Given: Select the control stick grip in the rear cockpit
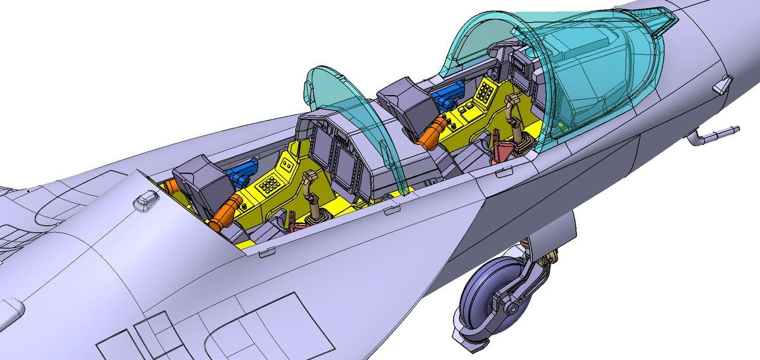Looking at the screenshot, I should [309, 177].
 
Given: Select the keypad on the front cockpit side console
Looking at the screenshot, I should [484, 91].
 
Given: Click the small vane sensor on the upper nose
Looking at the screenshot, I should [720, 84].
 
